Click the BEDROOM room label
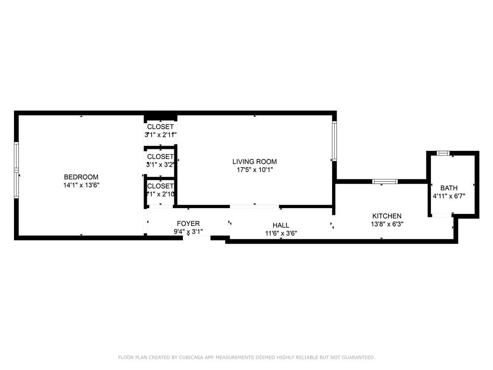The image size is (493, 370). point(81,177)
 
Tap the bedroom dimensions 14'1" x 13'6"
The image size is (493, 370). point(81,185)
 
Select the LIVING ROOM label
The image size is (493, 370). point(254,161)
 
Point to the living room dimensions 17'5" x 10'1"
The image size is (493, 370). point(254,170)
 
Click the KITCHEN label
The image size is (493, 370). point(387,216)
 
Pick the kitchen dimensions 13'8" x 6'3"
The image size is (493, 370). point(387,224)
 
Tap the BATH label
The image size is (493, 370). point(449,188)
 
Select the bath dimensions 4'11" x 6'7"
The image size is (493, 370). point(449,196)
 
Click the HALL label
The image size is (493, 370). point(281,225)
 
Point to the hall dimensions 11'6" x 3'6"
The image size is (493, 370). point(281,233)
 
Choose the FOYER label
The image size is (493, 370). point(188,224)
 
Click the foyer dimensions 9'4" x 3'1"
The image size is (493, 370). point(188,232)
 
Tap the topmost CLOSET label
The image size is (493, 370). point(160,127)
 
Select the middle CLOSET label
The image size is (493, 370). point(160,157)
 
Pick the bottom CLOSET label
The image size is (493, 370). point(160,186)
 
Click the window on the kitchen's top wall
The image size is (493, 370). point(385,182)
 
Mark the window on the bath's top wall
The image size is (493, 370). point(442,153)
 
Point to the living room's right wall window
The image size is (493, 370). point(334,141)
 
